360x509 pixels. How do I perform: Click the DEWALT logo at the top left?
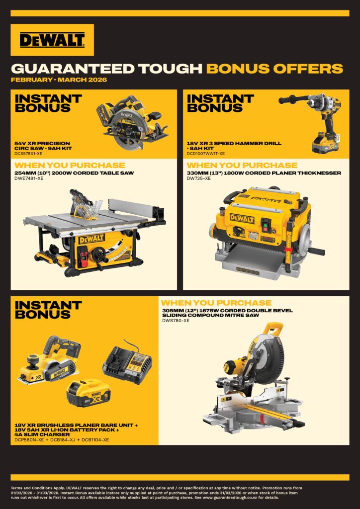tap(52, 40)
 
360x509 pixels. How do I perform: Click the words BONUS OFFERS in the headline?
tap(274, 69)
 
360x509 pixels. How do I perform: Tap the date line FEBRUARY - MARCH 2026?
tap(59, 80)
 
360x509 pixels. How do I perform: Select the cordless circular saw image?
tap(132, 122)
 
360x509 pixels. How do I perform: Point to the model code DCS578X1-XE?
tap(28, 153)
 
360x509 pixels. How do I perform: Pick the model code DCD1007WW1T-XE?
tap(205, 153)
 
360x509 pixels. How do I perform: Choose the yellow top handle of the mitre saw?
tap(272, 329)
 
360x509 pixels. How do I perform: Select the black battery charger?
tap(128, 363)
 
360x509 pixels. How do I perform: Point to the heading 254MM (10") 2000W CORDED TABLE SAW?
tap(74, 173)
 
